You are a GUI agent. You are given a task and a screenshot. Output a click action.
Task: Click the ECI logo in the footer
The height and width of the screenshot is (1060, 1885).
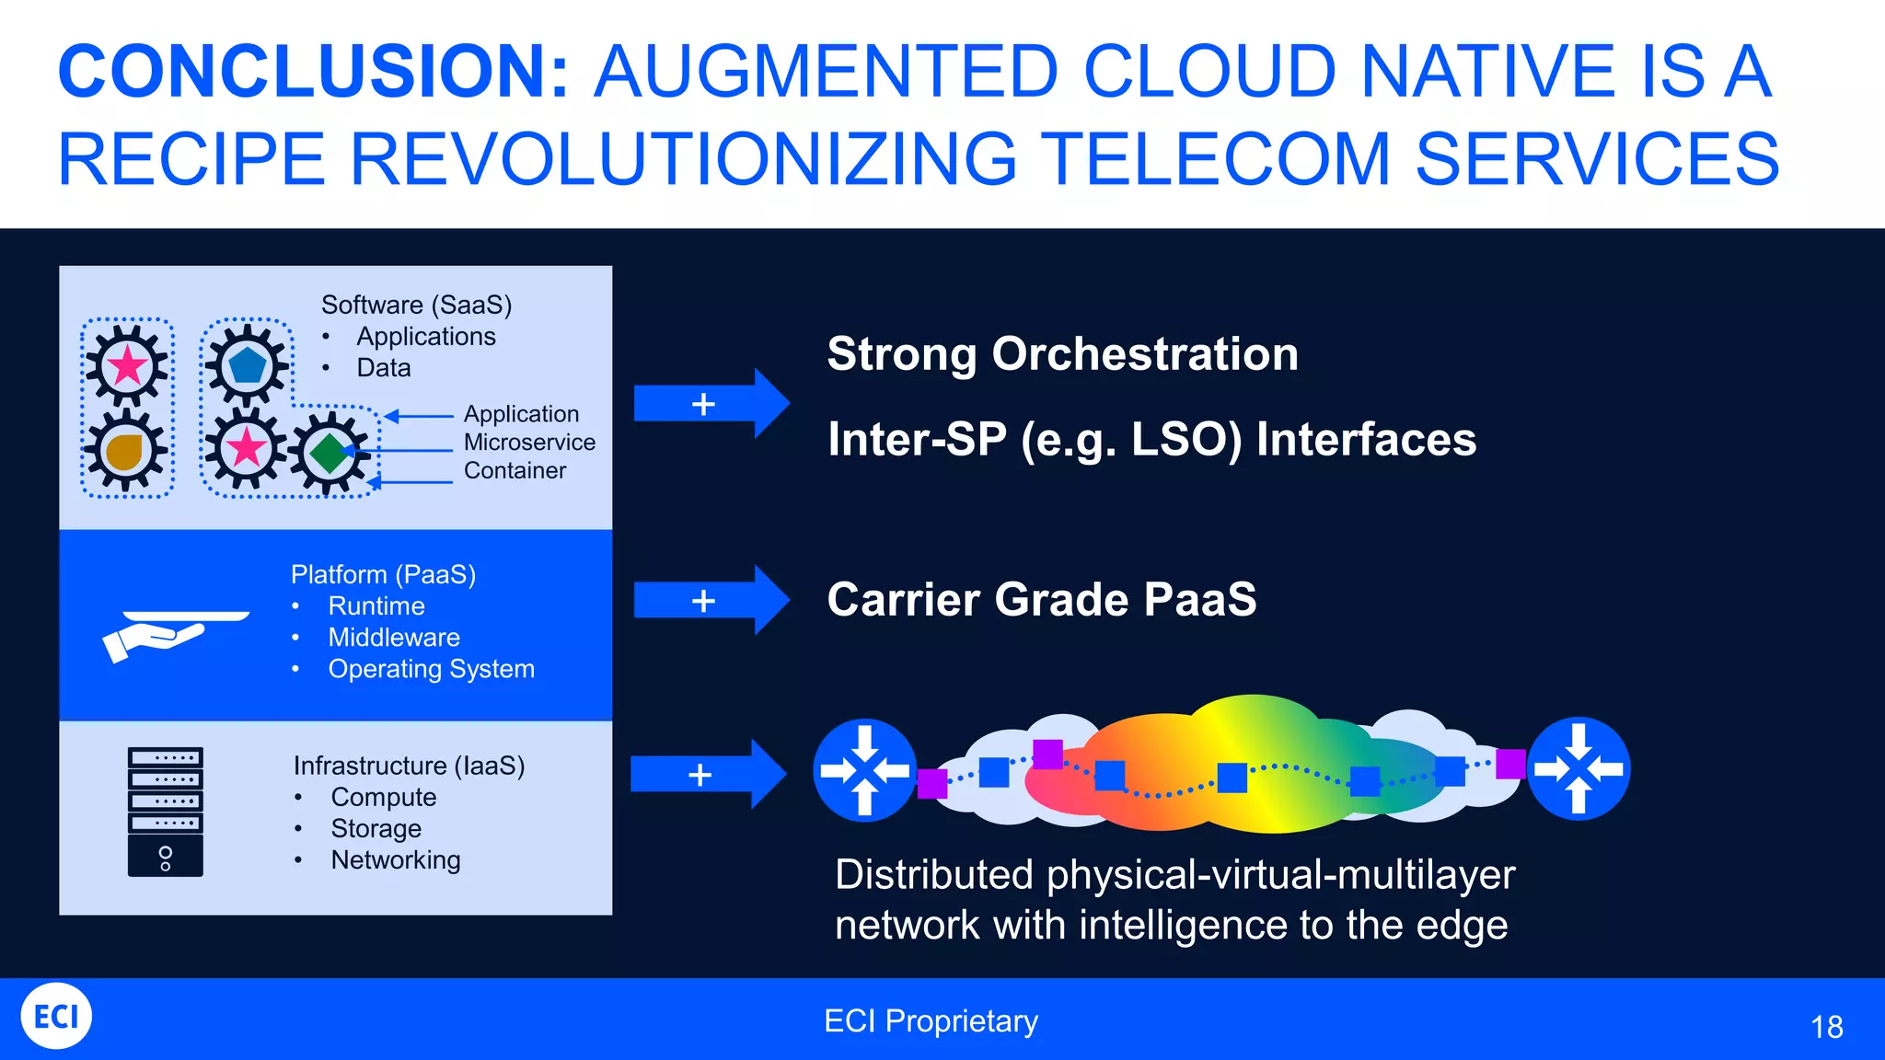(56, 1016)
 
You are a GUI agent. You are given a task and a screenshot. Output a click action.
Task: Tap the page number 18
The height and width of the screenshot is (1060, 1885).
(1826, 1027)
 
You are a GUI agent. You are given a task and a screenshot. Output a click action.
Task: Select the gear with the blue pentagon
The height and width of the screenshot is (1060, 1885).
(247, 365)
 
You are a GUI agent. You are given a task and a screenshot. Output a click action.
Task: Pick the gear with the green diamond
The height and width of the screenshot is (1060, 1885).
(329, 454)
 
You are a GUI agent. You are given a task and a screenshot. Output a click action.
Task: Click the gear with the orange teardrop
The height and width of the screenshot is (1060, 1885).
(126, 451)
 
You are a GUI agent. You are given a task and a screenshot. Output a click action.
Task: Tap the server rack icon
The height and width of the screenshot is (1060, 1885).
(166, 812)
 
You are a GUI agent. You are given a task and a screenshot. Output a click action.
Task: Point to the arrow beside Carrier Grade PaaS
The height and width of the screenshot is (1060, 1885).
(711, 600)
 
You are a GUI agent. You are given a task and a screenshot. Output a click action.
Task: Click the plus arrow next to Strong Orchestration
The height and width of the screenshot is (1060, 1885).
(711, 403)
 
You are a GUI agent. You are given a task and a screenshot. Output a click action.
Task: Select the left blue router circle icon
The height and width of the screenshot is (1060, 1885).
(864, 770)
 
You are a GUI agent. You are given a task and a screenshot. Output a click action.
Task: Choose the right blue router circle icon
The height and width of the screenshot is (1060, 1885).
(1579, 768)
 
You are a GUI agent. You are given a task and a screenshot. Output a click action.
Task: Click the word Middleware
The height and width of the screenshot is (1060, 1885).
(394, 638)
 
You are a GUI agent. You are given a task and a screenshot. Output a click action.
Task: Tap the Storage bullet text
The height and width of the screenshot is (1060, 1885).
(376, 828)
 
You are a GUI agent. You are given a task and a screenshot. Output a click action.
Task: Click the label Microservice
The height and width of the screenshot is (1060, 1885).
(529, 443)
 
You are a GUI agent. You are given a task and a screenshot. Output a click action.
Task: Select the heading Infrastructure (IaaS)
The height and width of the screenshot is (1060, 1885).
(409, 766)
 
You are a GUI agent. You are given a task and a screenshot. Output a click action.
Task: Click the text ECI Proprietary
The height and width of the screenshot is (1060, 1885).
(931, 1021)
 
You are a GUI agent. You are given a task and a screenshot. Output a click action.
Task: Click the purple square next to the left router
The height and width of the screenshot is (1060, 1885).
(932, 784)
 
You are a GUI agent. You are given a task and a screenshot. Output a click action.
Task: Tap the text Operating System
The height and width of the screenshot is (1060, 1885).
(431, 669)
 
